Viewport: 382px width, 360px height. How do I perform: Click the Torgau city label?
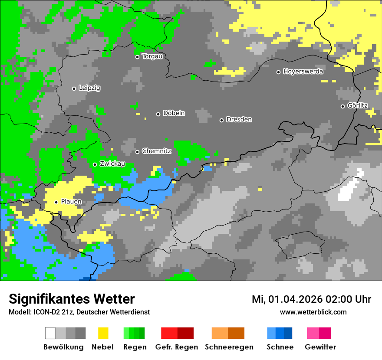[x=152, y=56]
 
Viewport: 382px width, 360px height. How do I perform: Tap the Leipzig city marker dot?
[x=74, y=88]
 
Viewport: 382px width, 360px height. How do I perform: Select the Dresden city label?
[x=239, y=119]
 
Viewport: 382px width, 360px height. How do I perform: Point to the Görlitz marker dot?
[x=342, y=106]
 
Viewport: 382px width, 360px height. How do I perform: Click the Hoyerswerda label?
[x=303, y=72]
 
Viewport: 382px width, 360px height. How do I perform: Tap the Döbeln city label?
[x=174, y=113]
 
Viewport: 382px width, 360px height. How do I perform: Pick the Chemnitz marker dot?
[x=138, y=152]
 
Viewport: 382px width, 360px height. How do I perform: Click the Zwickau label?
[x=112, y=164]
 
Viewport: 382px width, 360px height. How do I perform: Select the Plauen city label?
[x=71, y=202]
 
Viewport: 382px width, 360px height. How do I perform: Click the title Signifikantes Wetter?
[x=72, y=299]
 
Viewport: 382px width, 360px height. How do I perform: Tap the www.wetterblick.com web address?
[x=313, y=312]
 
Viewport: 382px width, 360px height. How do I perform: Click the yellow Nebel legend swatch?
[x=103, y=333]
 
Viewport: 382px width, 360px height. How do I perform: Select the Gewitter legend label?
[x=320, y=347]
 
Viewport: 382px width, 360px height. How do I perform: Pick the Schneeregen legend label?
[x=229, y=347]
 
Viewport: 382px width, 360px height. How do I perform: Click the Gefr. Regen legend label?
[x=176, y=347]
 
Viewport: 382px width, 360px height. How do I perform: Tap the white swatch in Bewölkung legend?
[x=50, y=333]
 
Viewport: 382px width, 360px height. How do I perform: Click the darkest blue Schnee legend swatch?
[x=288, y=333]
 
